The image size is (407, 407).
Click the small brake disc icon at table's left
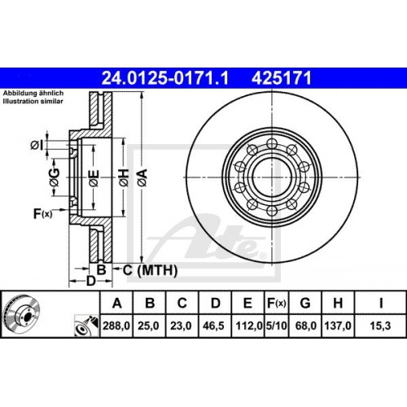click(22, 317)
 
